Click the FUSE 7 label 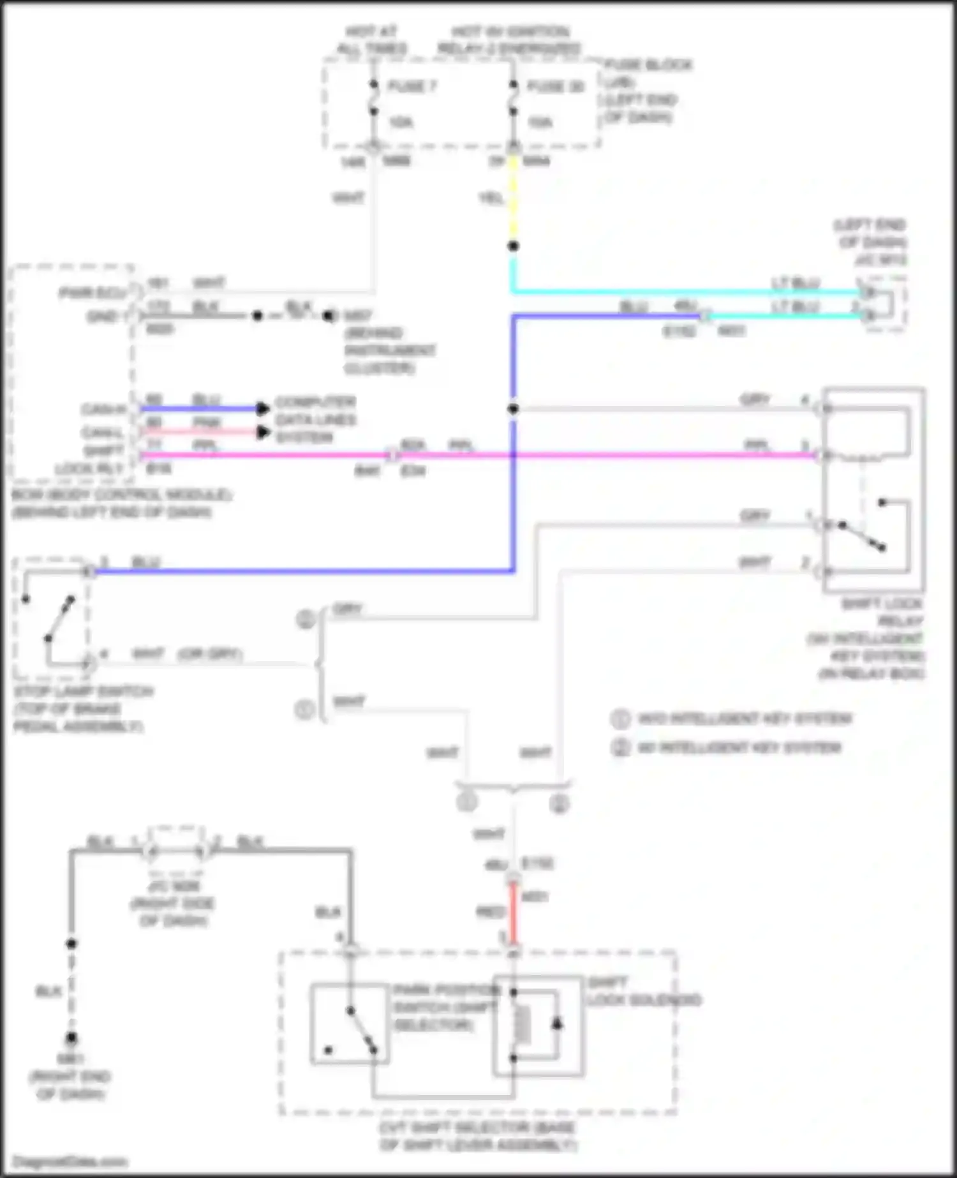(412, 86)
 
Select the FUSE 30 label (555, 86)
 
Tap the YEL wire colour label (491, 199)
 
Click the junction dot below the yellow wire (513, 246)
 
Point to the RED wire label (490, 912)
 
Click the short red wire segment (513, 913)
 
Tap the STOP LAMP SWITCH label (83, 692)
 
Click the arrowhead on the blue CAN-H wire (262, 409)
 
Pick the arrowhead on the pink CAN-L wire (262, 432)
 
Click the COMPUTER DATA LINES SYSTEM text (315, 420)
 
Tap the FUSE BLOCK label (648, 65)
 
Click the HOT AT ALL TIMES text (371, 40)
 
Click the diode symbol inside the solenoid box (556, 1024)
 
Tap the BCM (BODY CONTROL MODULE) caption (121, 495)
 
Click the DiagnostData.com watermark (70, 1161)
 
